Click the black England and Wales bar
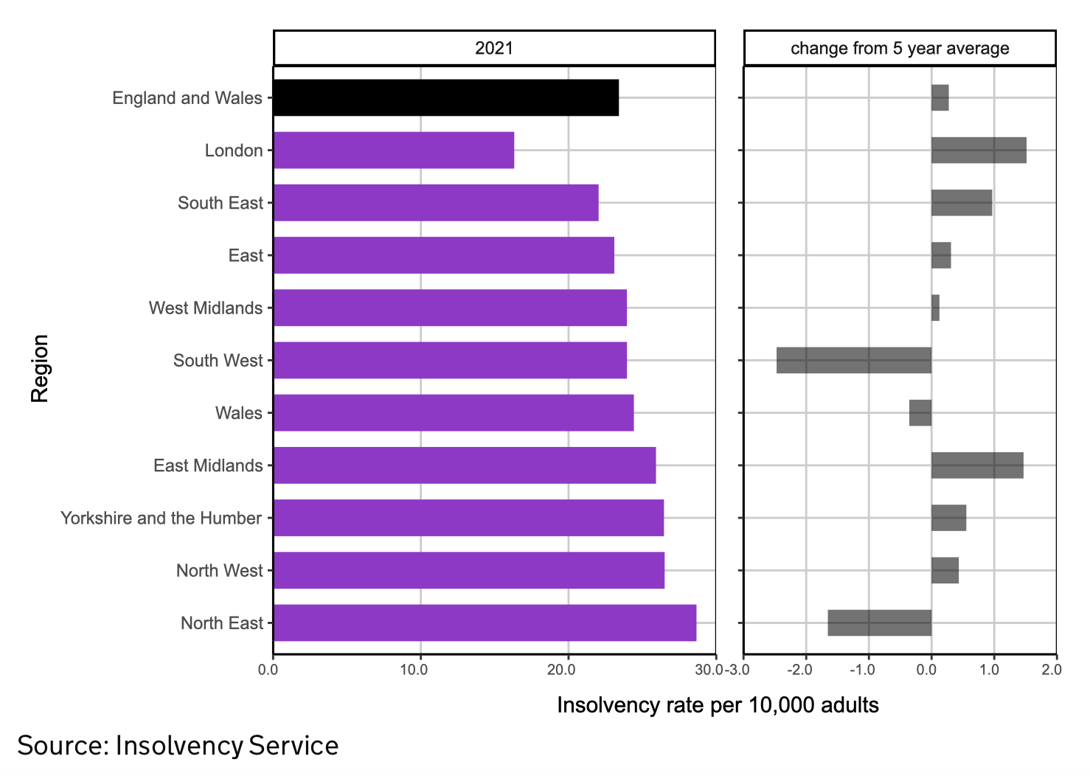(445, 97)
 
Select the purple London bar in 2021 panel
(393, 150)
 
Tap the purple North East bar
(485, 623)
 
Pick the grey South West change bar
(854, 360)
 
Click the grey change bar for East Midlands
(977, 465)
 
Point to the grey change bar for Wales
(920, 413)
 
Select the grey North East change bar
(880, 623)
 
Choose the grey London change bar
(979, 150)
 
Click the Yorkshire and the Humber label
(161, 518)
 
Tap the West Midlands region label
(205, 308)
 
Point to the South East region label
(220, 203)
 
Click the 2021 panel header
(494, 49)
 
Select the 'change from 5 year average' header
(900, 49)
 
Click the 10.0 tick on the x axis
(414, 670)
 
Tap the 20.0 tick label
(561, 670)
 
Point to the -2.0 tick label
(800, 670)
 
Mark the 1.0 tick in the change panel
(990, 670)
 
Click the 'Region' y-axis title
(40, 368)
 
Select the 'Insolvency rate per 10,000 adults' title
(718, 705)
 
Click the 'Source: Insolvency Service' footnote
(178, 746)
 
